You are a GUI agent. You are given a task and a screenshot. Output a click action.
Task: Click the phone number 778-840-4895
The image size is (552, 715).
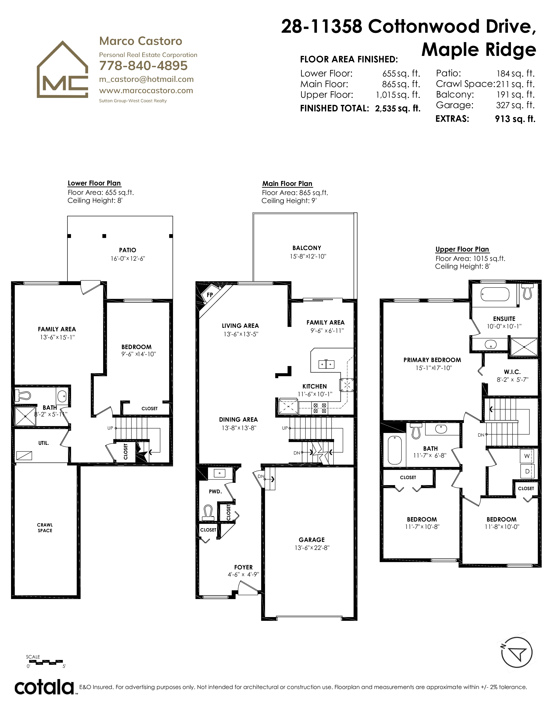(143, 66)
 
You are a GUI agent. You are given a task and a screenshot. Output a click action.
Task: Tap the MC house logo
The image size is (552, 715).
(62, 69)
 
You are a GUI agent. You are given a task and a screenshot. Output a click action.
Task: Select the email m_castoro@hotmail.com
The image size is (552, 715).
(146, 80)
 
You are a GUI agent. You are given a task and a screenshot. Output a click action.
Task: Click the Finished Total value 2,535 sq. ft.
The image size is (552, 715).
(398, 108)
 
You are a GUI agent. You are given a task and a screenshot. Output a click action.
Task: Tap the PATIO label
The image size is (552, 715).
(128, 250)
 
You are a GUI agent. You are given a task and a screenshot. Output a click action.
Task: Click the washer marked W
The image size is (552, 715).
(527, 456)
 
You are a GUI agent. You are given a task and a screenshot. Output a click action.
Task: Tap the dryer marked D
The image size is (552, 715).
(527, 471)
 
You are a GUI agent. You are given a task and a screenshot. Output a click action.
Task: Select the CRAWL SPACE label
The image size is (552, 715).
(45, 528)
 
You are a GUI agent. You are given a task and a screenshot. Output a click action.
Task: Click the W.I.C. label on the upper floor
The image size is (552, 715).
(512, 372)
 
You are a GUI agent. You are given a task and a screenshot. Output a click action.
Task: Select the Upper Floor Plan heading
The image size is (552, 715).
(462, 249)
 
